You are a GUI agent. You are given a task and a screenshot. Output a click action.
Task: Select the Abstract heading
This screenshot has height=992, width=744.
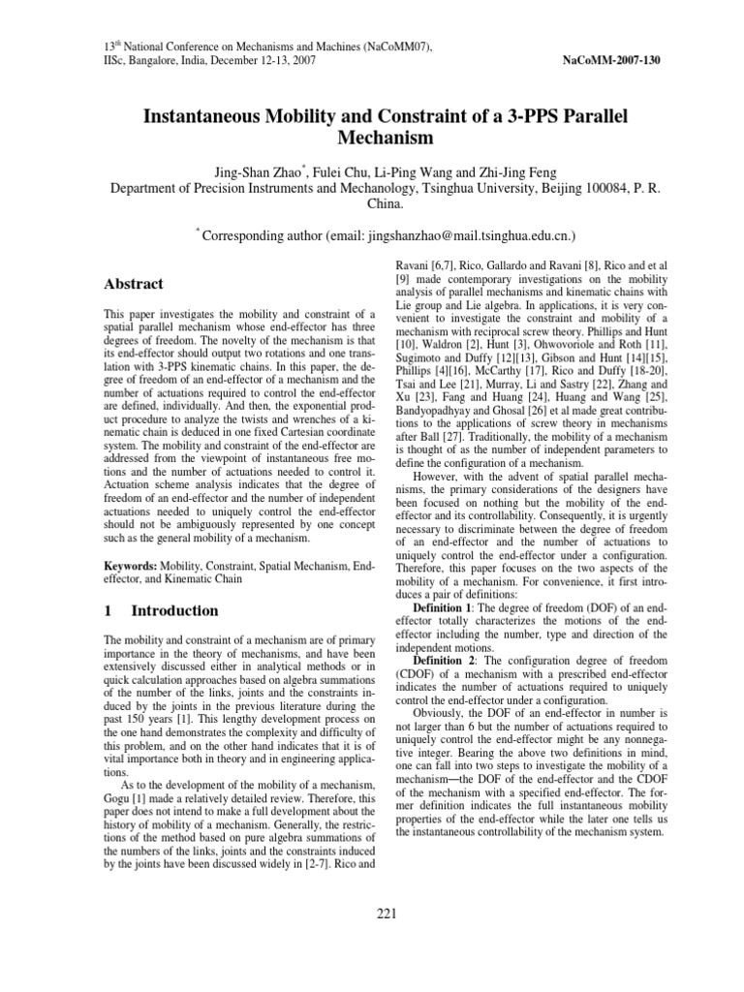click(133, 284)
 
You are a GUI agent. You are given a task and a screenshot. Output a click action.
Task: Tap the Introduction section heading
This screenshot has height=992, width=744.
click(174, 610)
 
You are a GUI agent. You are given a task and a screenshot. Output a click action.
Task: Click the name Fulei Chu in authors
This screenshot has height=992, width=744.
click(341, 171)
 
